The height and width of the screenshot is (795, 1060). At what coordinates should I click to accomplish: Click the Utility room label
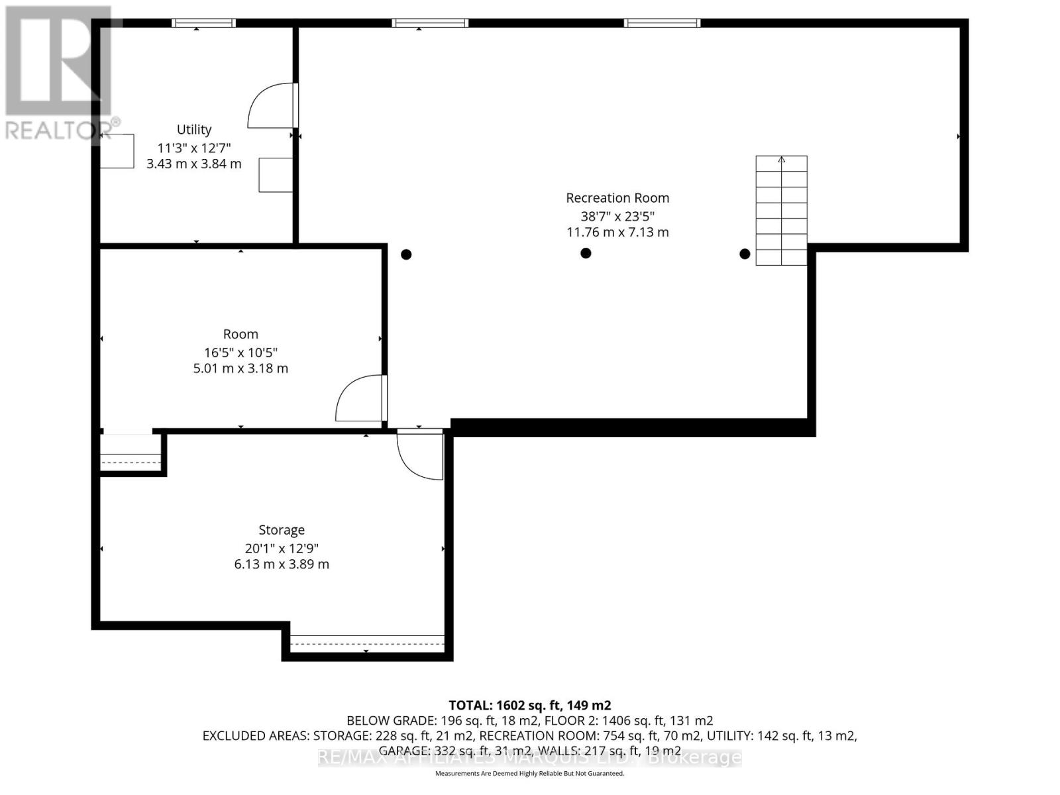194,129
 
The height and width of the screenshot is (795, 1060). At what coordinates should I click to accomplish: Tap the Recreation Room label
617,197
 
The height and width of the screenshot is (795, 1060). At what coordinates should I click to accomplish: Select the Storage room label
282,530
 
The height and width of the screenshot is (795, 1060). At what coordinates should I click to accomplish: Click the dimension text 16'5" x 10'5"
240,352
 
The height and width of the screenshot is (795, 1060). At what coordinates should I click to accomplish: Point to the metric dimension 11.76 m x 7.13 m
617,233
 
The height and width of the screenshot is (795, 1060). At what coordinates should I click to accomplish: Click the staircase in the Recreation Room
782,211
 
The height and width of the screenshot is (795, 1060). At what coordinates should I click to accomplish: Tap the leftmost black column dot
406,254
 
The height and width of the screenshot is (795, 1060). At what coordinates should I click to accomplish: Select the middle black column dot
586,253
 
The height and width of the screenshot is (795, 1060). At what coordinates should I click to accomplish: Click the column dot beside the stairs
745,254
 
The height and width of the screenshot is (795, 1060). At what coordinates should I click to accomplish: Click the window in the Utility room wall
203,23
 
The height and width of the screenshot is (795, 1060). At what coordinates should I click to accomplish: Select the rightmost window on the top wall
662,23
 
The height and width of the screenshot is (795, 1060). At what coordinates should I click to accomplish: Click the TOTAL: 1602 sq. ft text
530,706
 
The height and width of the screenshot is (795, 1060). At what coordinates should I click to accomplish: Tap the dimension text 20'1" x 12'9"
282,548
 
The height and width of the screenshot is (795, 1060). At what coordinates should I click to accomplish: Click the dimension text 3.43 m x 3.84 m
194,164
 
